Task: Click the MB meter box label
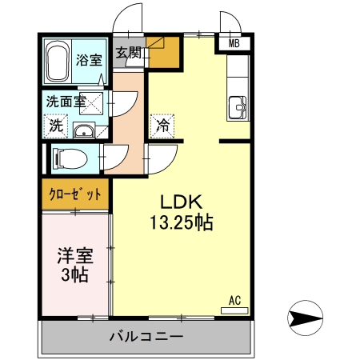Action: click(234, 44)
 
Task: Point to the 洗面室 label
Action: click(65, 102)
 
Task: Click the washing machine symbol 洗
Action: click(56, 125)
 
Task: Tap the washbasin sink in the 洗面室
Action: click(84, 130)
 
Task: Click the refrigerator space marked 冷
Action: click(162, 126)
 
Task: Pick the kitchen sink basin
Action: click(238, 106)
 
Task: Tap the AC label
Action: click(235, 300)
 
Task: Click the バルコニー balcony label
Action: click(146, 337)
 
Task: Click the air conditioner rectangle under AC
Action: click(235, 310)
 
